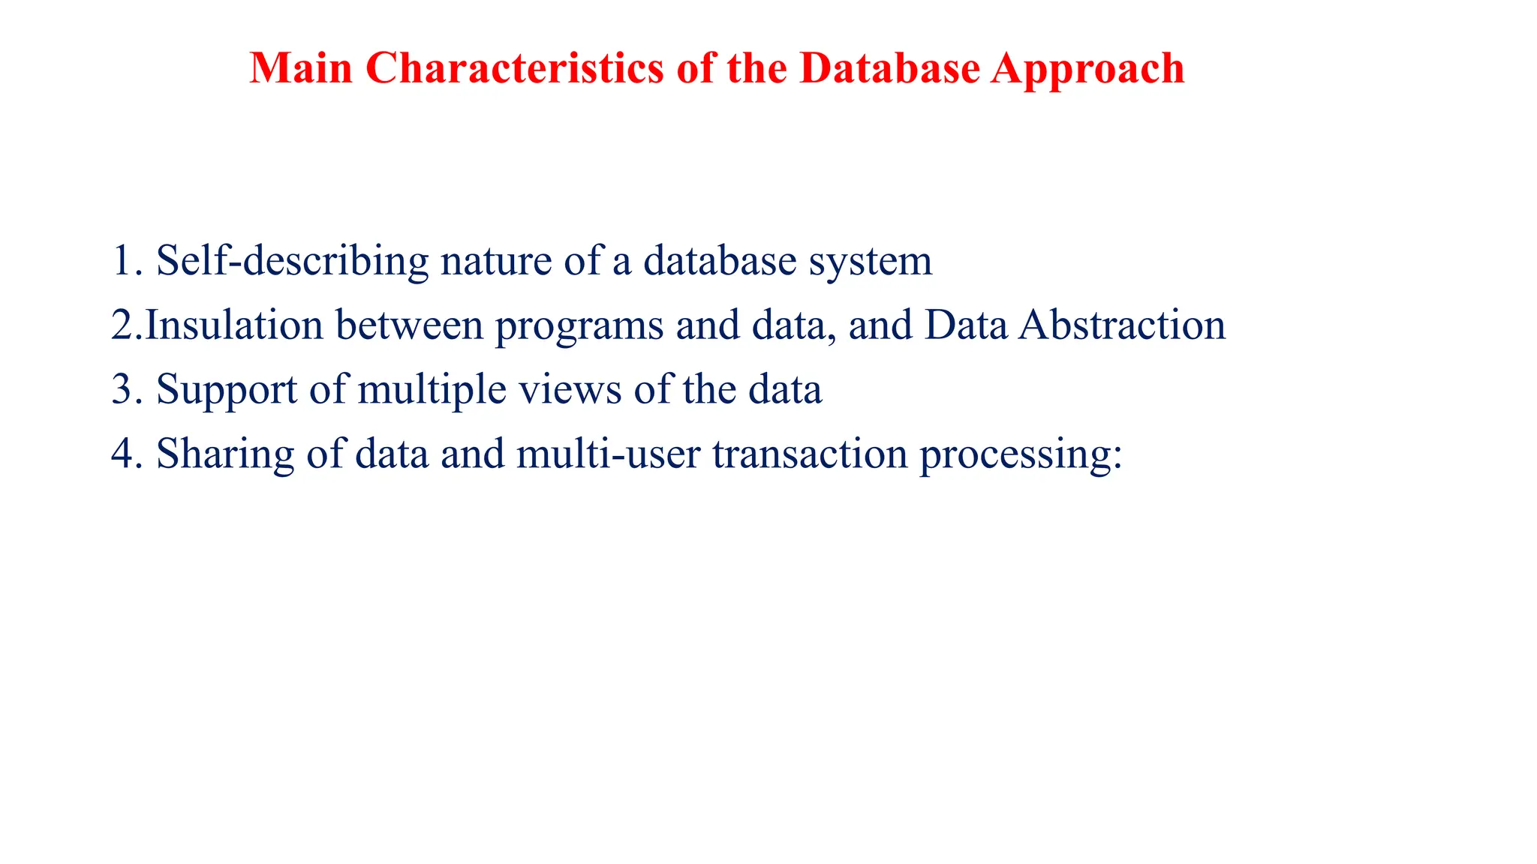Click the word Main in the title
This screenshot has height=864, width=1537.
tap(301, 68)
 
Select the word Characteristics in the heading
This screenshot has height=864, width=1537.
tap(516, 68)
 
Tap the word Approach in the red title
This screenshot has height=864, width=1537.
tap(1087, 70)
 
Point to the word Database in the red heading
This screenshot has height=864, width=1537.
tap(890, 68)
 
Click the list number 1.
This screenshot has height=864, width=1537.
tap(123, 260)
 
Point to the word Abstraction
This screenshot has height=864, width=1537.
tap(1121, 325)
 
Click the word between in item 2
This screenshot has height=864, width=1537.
tap(409, 325)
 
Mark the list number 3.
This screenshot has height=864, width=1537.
tap(123, 389)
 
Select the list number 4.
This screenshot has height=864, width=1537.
tap(123, 454)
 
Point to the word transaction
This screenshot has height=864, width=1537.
tap(810, 454)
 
